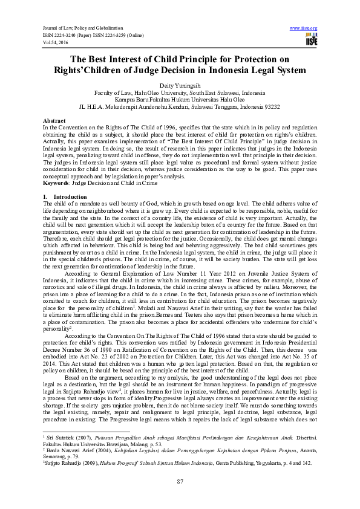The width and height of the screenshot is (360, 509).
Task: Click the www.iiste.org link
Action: tap(304, 28)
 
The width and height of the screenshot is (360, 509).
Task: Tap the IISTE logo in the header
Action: tap(311, 39)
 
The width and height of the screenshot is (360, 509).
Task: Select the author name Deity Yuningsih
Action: tap(179, 86)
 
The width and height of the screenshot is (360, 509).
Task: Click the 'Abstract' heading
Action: tap(53, 121)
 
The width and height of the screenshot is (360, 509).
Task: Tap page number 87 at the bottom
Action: tap(180, 481)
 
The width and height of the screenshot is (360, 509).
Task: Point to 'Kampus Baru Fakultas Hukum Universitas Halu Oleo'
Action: tap(180, 100)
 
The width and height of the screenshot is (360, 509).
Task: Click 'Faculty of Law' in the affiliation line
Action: tap(114, 93)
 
